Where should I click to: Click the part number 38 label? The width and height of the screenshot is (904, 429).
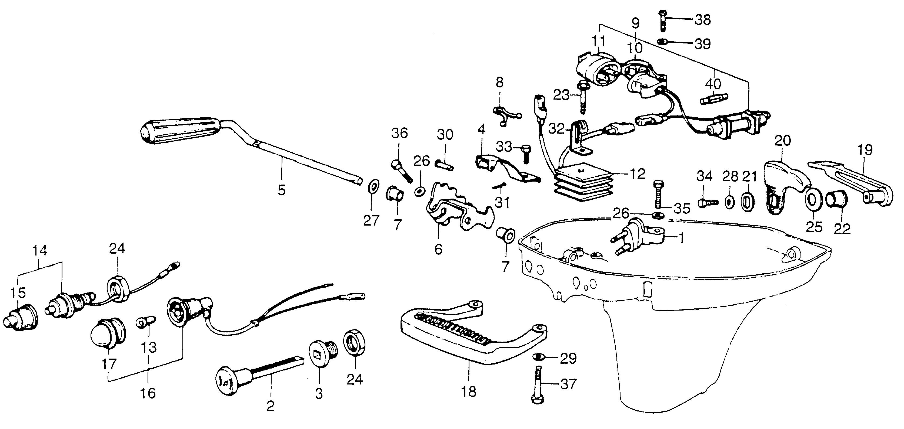pyautogui.click(x=703, y=20)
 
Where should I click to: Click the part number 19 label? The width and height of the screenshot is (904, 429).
pyautogui.click(x=865, y=150)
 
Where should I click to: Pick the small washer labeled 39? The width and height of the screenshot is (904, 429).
pyautogui.click(x=662, y=42)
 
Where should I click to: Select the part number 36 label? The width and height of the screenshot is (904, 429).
pyautogui.click(x=400, y=134)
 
